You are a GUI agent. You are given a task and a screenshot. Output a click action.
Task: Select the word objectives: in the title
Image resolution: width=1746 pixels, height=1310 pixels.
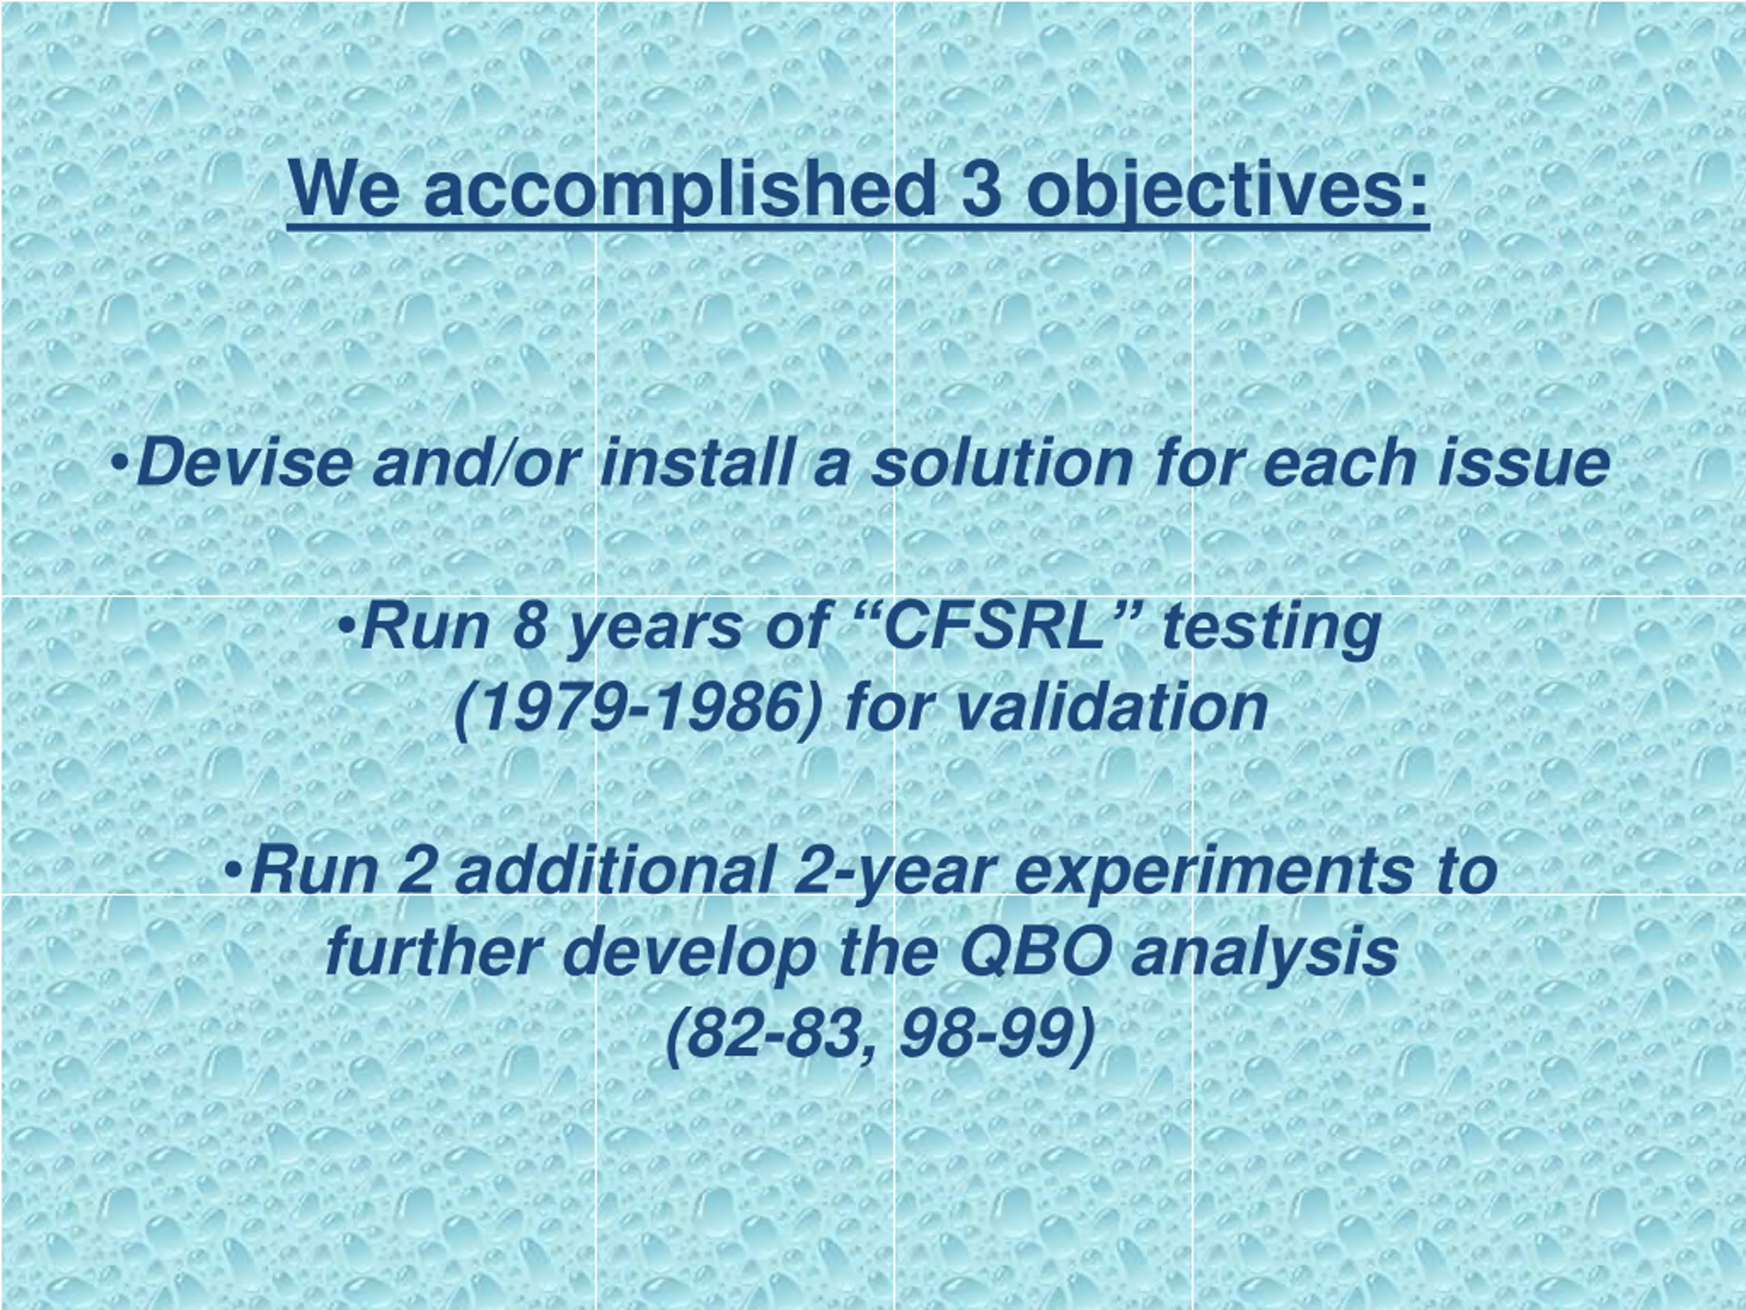pos(1228,192)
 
